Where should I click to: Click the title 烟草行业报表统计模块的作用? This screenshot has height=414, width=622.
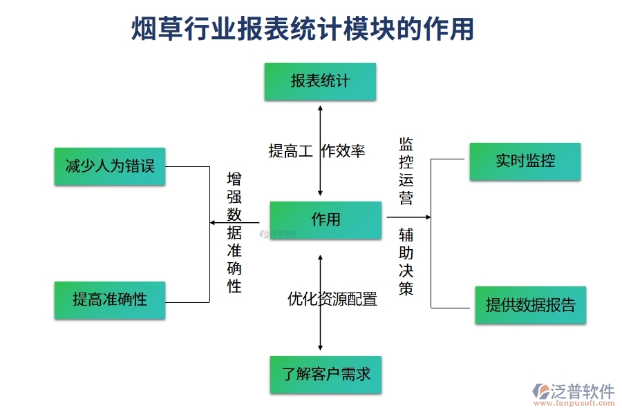303,29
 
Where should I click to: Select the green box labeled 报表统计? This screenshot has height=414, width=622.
320,81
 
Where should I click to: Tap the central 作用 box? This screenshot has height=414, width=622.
326,220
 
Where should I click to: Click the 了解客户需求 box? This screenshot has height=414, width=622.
326,374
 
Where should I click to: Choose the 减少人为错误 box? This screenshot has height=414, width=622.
110,166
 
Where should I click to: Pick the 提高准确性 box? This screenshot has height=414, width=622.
110,299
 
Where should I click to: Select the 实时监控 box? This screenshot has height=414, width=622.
525,161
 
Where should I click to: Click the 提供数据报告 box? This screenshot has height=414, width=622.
530,305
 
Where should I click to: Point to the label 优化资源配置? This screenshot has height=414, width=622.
332,299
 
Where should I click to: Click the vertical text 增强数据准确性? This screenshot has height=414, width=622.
235,233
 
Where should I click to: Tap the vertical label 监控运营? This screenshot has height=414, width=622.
406,171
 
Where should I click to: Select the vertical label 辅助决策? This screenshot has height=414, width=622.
406,262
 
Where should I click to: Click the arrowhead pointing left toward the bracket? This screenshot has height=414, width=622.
213,222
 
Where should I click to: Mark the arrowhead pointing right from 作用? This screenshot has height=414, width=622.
427,217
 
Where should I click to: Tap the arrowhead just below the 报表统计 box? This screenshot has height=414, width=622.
320,107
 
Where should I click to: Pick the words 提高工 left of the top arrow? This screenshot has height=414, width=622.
291,150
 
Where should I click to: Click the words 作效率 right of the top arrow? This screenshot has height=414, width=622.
343,150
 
